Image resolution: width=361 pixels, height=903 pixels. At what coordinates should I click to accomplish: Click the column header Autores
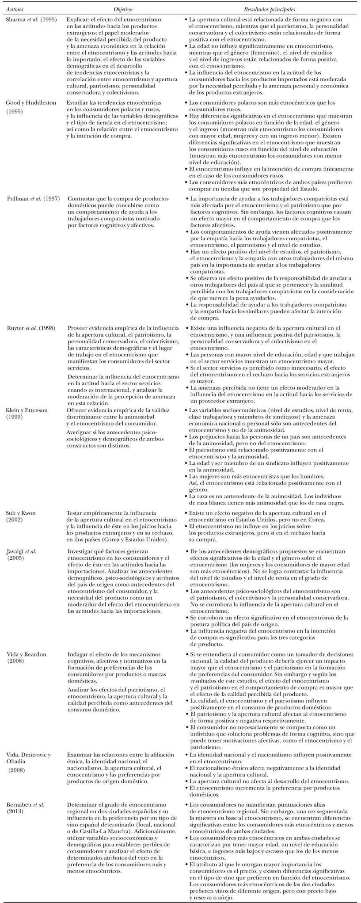(15, 9)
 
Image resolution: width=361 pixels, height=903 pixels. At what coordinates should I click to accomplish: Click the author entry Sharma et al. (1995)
(31, 20)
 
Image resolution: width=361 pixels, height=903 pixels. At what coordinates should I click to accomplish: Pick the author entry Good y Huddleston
(31, 102)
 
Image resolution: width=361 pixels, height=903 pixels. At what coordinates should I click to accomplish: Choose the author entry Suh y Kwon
(21, 513)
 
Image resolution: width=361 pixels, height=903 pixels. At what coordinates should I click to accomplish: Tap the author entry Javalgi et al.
(21, 551)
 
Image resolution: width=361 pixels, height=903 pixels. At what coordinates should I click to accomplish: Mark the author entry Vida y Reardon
(26, 654)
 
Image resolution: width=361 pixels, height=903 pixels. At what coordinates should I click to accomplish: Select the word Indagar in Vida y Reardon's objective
(78, 654)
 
